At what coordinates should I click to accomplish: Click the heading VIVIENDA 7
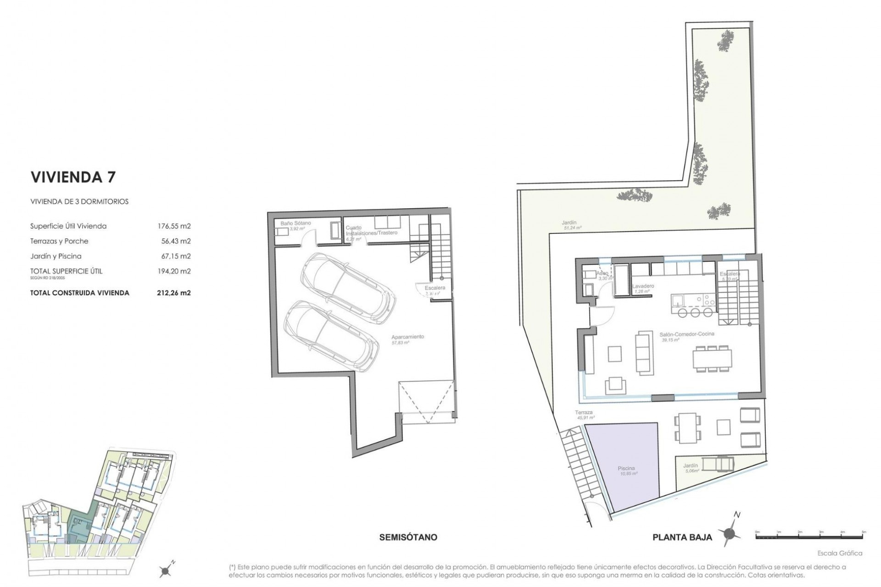pyautogui.click(x=72, y=177)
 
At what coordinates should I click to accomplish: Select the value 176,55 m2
pyautogui.click(x=174, y=226)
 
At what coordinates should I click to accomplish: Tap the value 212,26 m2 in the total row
pyautogui.click(x=174, y=293)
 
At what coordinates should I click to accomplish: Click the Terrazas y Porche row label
pyautogui.click(x=59, y=241)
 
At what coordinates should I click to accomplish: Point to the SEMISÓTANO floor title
pyautogui.click(x=408, y=537)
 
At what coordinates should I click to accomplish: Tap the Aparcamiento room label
pyautogui.click(x=407, y=337)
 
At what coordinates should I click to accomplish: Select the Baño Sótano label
pyautogui.click(x=296, y=223)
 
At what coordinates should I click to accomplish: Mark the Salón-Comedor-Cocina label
pyautogui.click(x=687, y=334)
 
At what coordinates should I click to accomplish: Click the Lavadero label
pyautogui.click(x=643, y=286)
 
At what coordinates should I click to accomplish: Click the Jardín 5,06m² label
pyautogui.click(x=691, y=468)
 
